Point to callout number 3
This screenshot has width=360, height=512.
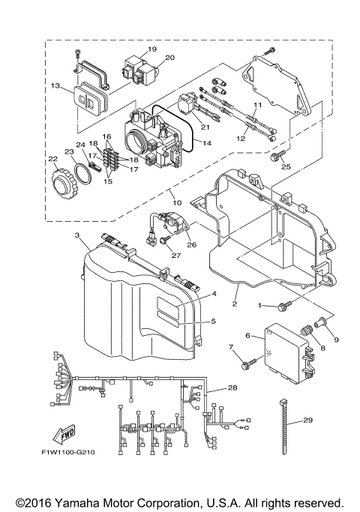click(77, 235)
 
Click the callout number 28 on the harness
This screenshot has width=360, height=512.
click(232, 388)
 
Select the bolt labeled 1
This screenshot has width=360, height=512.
click(284, 305)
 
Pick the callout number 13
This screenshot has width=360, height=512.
click(55, 86)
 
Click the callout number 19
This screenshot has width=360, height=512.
click(151, 49)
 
